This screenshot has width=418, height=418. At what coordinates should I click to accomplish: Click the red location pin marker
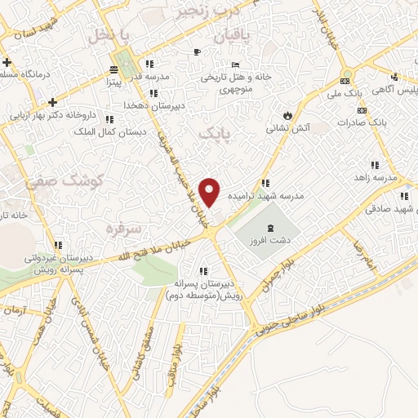[x=210, y=191]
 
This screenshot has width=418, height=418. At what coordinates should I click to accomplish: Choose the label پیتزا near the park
[x=113, y=82]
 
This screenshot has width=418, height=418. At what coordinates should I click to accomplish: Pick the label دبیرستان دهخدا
[x=144, y=105]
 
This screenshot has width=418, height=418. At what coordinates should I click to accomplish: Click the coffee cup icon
[x=197, y=52]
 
